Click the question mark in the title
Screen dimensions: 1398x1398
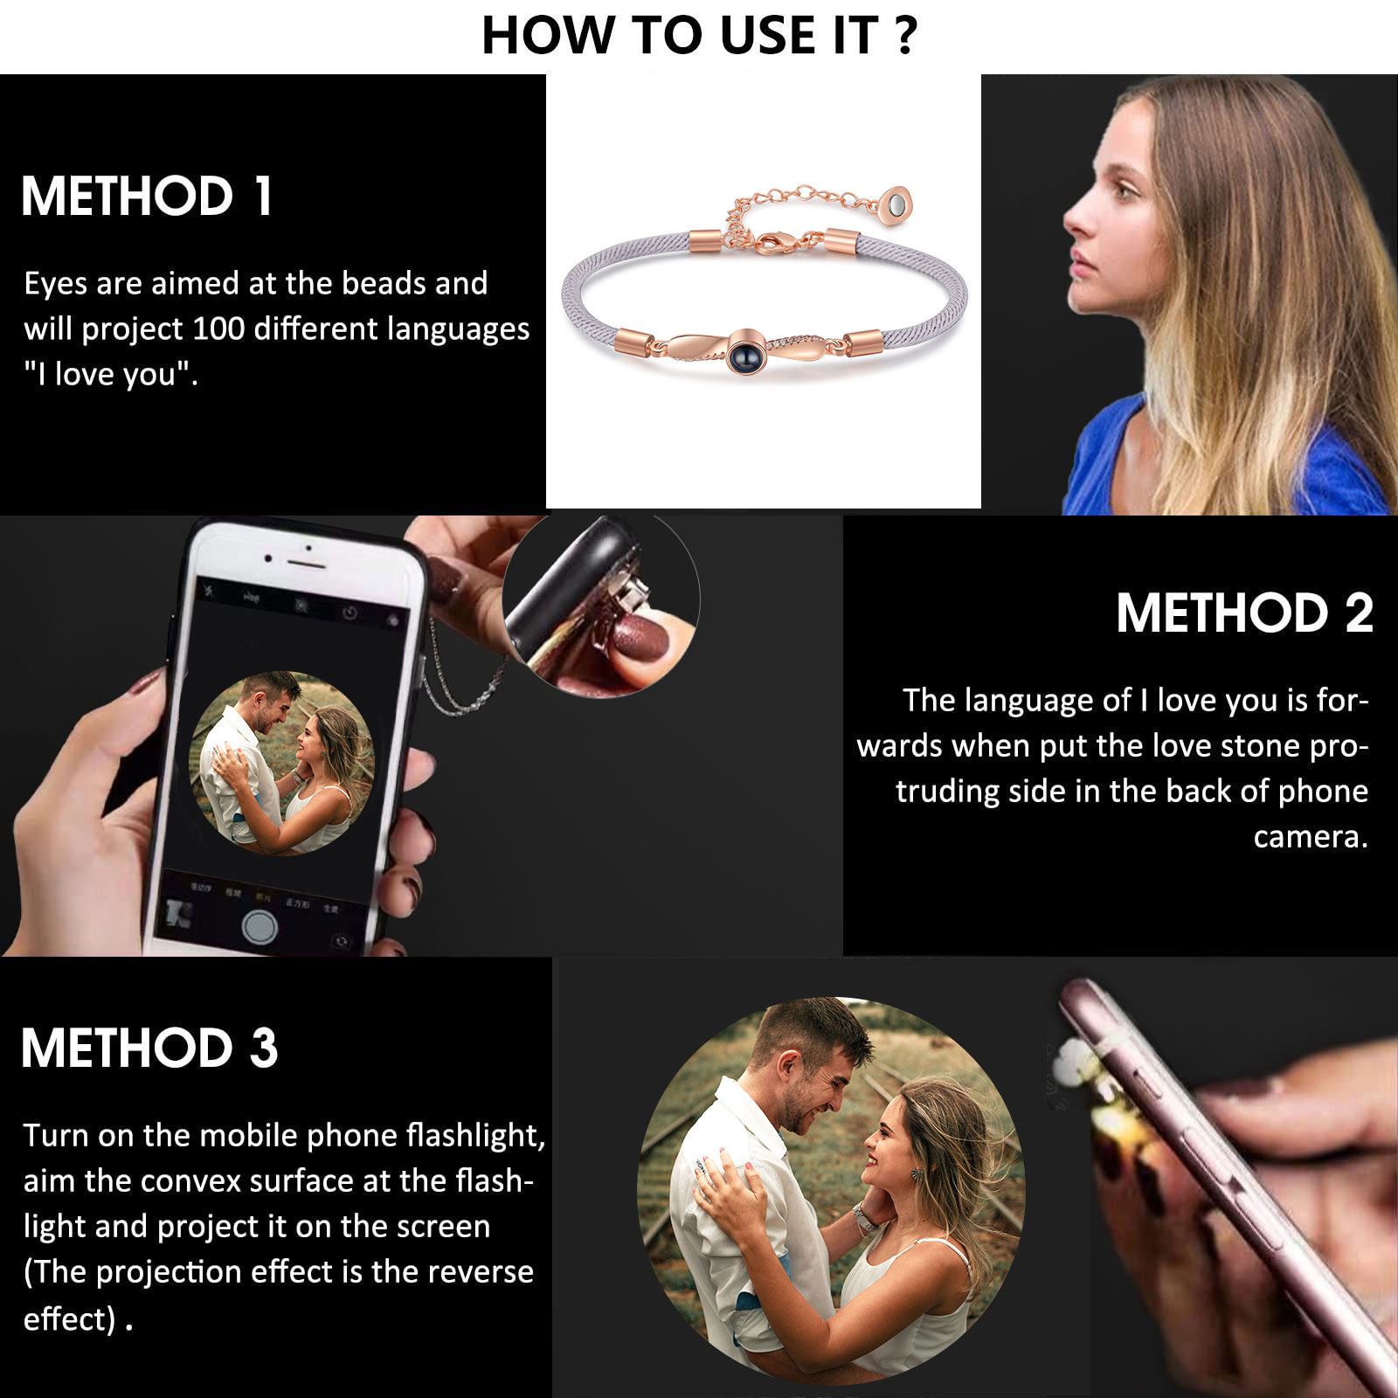point(906,36)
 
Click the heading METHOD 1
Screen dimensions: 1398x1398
point(147,196)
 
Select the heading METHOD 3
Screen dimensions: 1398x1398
point(149,1048)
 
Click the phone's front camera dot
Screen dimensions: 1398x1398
point(308,548)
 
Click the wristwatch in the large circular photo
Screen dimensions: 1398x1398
point(865,1216)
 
